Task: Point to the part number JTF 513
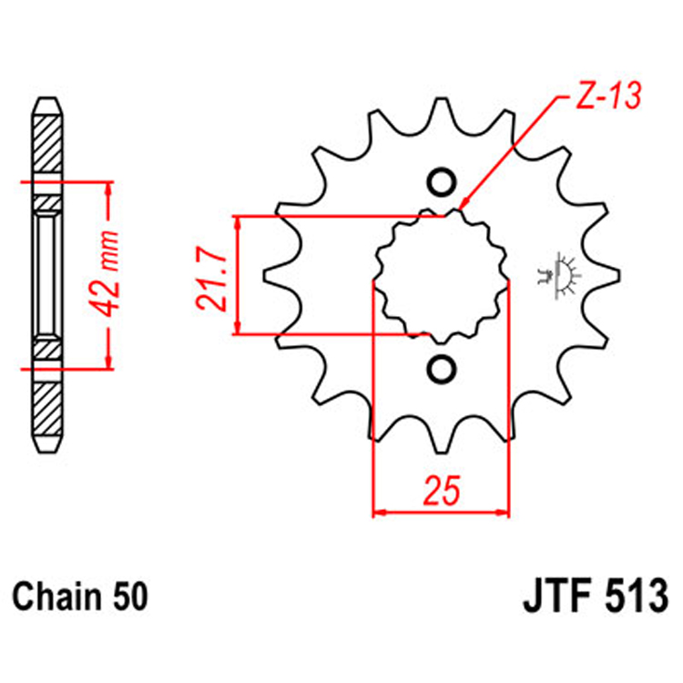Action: pos(596,599)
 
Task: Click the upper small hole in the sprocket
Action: pos(442,182)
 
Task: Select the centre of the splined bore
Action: pos(442,275)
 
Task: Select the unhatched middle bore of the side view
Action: pos(49,275)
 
